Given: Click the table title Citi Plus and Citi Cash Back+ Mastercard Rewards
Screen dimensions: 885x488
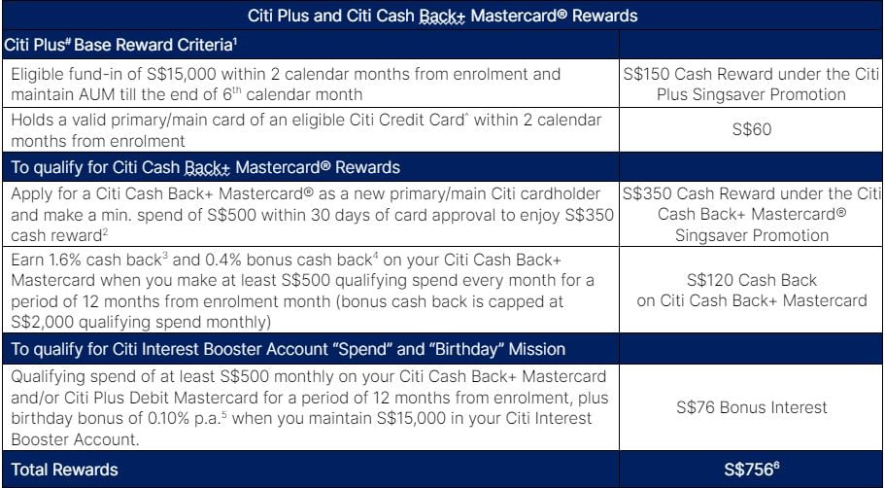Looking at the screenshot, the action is pos(443,16).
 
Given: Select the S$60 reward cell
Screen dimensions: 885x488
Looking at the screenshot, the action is pos(751,130).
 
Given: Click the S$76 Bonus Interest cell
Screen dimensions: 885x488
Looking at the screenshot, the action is pos(751,407).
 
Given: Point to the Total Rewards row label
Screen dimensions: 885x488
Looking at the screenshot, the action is pos(64,470).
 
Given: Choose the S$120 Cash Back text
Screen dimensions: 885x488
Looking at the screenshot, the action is pos(751,280).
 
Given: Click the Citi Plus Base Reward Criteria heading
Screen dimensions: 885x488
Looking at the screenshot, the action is pos(120,45).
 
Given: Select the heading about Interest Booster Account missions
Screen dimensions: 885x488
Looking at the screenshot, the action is pos(288,349).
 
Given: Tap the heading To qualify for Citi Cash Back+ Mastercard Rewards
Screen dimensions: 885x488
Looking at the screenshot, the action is pos(205,167).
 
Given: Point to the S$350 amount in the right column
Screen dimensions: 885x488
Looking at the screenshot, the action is pos(646,193).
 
